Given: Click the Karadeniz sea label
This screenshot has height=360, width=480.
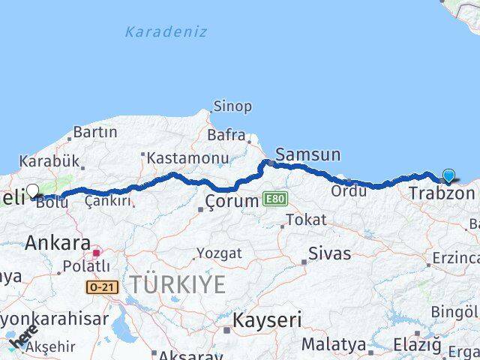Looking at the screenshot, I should (166, 31).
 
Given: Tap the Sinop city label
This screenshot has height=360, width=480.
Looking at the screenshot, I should (232, 106).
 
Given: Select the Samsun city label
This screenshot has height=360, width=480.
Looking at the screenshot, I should (307, 155).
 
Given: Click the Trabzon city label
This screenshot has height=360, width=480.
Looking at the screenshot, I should (442, 193).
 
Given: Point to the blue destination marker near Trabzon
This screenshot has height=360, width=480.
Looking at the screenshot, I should (448, 176).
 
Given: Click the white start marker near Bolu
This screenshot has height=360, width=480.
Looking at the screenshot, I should (33, 191).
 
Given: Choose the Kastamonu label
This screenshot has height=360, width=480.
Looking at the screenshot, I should (187, 158).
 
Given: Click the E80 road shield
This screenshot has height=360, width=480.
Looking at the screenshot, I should (274, 200).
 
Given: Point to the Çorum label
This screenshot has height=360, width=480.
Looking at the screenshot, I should (232, 202).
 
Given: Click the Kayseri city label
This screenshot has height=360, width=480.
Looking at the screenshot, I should (267, 320).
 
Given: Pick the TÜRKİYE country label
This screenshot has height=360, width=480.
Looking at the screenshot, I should (177, 284).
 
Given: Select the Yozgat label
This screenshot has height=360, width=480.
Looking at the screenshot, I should (219, 253).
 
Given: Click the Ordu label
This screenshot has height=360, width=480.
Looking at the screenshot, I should (349, 191).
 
